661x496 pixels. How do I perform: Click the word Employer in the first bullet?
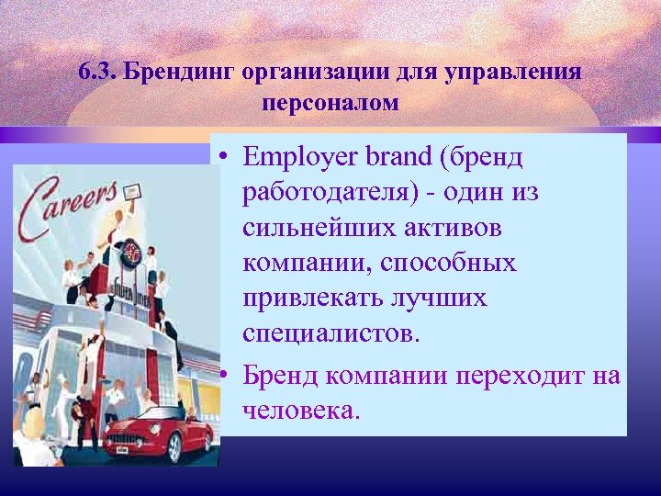pos(299,157)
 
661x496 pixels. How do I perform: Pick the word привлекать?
pos(310,299)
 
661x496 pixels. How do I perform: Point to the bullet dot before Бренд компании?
pos(224,375)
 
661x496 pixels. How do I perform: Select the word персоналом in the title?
pos(330,102)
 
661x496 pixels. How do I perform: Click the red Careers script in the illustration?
pos(74,207)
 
